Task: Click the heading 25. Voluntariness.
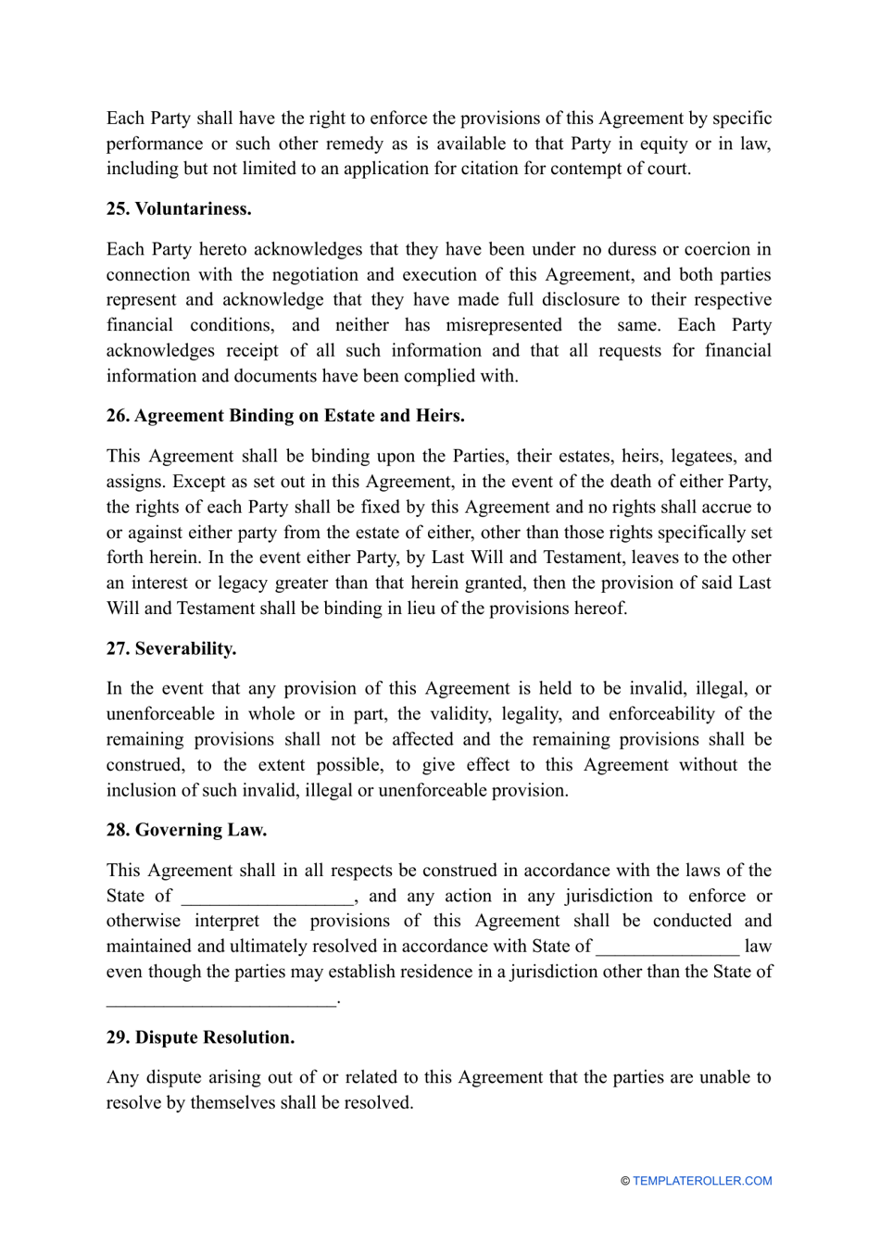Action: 179,209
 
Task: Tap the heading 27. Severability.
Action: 171,648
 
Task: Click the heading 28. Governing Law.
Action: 186,830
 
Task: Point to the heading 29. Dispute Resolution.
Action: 200,1037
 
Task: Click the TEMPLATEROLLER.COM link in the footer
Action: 702,1181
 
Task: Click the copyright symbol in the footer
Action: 625,1181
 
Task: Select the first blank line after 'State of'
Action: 268,897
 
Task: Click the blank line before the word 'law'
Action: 667,947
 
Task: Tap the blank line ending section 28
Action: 221,998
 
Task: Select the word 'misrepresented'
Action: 504,325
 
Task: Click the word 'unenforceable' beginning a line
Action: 160,714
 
